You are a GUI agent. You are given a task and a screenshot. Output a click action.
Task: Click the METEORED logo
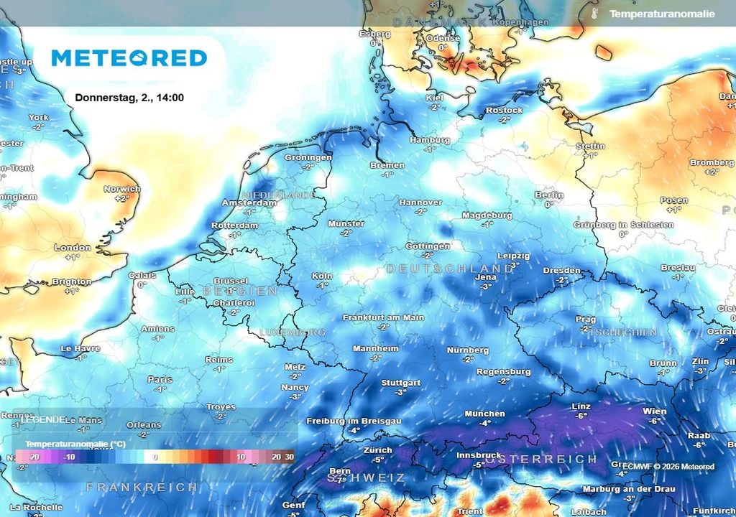pos(129,58)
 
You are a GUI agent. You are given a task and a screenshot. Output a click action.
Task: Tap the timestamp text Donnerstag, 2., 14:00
pos(129,97)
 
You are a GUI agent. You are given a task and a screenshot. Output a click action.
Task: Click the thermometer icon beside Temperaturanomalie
pos(594,14)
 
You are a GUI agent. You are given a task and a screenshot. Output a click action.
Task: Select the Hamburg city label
pos(430,140)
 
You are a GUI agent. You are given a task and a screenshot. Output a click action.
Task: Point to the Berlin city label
pos(548,195)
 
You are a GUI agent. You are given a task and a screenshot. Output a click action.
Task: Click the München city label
pos(484,414)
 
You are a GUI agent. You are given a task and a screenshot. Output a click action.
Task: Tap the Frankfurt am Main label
pos(383,317)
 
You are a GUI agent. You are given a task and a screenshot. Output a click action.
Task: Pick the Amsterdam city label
pos(249,203)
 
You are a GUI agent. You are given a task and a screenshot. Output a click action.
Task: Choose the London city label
pos(73,248)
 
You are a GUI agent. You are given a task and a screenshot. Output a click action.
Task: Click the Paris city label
pos(160,379)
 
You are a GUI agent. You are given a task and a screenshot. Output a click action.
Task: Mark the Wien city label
pos(654,411)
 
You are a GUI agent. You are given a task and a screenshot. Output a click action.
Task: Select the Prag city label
pos(585,319)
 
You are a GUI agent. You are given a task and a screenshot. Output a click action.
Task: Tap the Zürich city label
pos(378,450)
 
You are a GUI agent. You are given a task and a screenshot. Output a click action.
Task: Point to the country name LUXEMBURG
pos(293,332)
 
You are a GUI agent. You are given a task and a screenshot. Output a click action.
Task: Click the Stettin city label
pos(591,146)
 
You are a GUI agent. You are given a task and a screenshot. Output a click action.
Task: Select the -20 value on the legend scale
pos(33,457)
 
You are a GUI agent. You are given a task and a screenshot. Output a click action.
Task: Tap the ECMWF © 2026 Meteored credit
pos(668,467)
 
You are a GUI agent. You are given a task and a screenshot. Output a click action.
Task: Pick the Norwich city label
pos(121,189)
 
